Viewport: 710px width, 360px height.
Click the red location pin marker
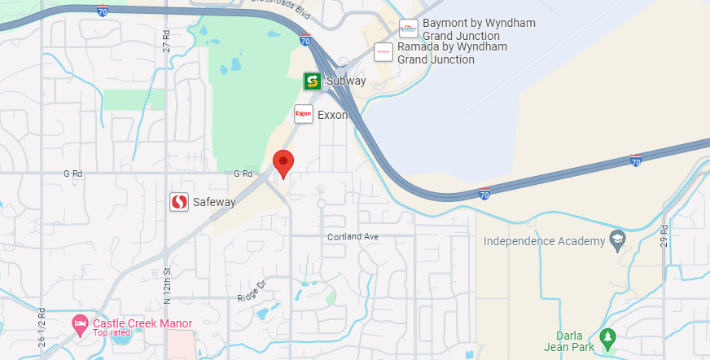283,162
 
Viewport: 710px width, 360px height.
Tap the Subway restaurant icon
312,81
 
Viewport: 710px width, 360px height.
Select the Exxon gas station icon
304,114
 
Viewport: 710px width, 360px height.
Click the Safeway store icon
180,202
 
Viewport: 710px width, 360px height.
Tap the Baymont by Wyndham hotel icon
409,29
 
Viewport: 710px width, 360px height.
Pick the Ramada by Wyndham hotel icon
383,53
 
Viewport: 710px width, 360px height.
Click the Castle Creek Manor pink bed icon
80,324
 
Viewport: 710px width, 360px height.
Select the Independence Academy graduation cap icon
617,241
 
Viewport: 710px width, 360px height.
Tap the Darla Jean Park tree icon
606,336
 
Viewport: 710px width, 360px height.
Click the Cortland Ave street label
353,237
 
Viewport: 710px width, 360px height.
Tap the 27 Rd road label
166,42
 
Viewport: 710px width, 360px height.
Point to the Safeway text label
215,202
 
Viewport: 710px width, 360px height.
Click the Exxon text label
332,115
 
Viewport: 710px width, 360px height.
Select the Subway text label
346,81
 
